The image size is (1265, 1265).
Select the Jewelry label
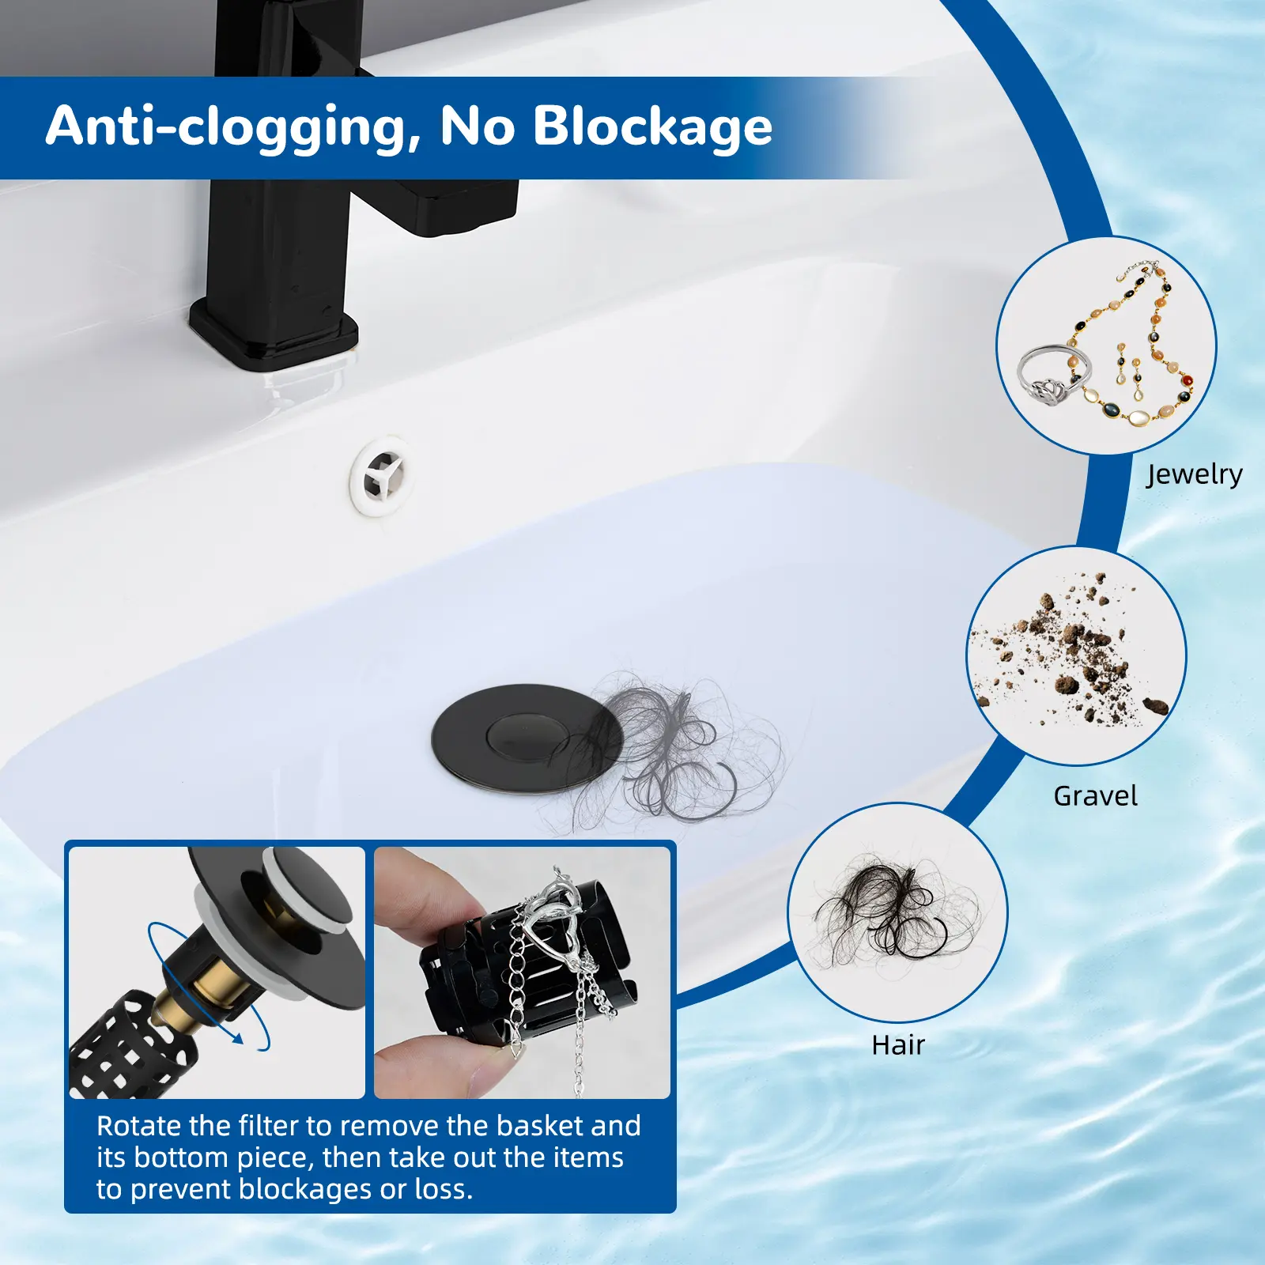tap(1194, 474)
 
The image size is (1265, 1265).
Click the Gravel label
tap(1095, 795)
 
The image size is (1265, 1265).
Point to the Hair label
tap(898, 1045)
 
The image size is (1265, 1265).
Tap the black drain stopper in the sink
tap(522, 735)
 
